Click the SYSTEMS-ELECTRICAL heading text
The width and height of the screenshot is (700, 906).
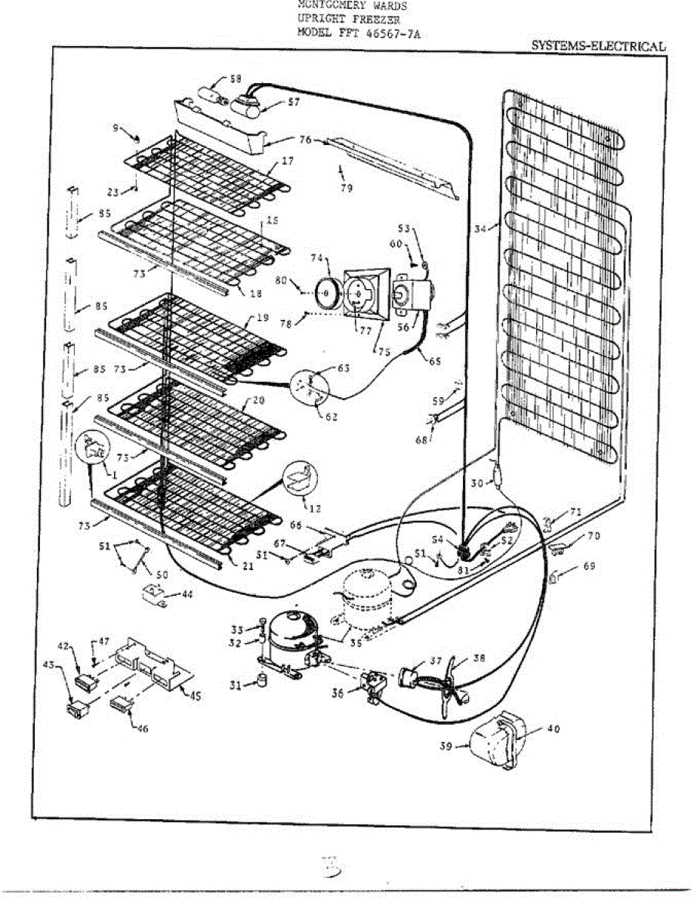598,45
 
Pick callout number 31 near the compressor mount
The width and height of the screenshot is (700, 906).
236,685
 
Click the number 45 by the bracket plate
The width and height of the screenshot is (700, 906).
195,695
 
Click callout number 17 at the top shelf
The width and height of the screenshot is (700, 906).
288,161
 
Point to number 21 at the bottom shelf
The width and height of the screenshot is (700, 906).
247,564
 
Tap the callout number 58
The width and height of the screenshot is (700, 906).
236,79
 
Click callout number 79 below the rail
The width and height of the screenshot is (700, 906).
347,188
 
